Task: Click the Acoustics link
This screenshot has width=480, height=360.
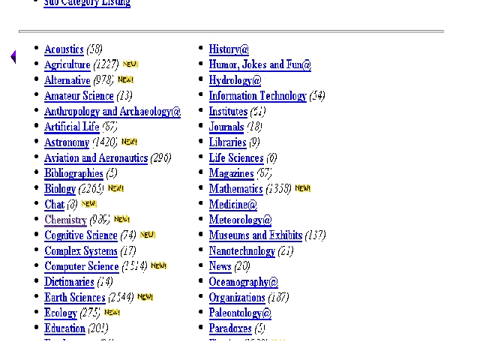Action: pyautogui.click(x=64, y=49)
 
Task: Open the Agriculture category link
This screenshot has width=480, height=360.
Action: pyautogui.click(x=67, y=65)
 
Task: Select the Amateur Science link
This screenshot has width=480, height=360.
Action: pyautogui.click(x=79, y=96)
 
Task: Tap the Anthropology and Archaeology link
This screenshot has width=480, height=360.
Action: pyautogui.click(x=112, y=112)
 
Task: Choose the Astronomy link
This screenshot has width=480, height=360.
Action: pyautogui.click(x=67, y=142)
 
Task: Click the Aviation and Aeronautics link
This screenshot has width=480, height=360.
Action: pyautogui.click(x=95, y=158)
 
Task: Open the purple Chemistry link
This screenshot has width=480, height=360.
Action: pyautogui.click(x=65, y=220)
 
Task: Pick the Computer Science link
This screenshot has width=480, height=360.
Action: pyautogui.click(x=81, y=266)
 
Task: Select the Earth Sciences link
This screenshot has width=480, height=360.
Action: pyautogui.click(x=74, y=298)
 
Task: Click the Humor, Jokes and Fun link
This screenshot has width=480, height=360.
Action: pyautogui.click(x=259, y=65)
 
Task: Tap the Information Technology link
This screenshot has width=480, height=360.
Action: pyautogui.click(x=257, y=96)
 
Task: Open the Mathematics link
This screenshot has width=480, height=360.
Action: pyautogui.click(x=235, y=189)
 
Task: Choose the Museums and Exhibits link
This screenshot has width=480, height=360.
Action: pyautogui.click(x=255, y=235)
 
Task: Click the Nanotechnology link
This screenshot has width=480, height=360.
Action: pyautogui.click(x=241, y=251)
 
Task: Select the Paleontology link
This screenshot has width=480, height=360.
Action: pyautogui.click(x=240, y=313)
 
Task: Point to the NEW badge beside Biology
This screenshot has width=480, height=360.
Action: pyautogui.click(x=115, y=188)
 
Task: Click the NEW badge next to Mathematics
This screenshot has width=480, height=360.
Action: pyautogui.click(x=302, y=188)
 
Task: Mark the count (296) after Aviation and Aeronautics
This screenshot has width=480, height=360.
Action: pyautogui.click(x=160, y=158)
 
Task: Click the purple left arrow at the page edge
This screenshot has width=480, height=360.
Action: pyautogui.click(x=13, y=57)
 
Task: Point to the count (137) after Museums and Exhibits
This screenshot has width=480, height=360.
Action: pyautogui.click(x=315, y=235)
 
